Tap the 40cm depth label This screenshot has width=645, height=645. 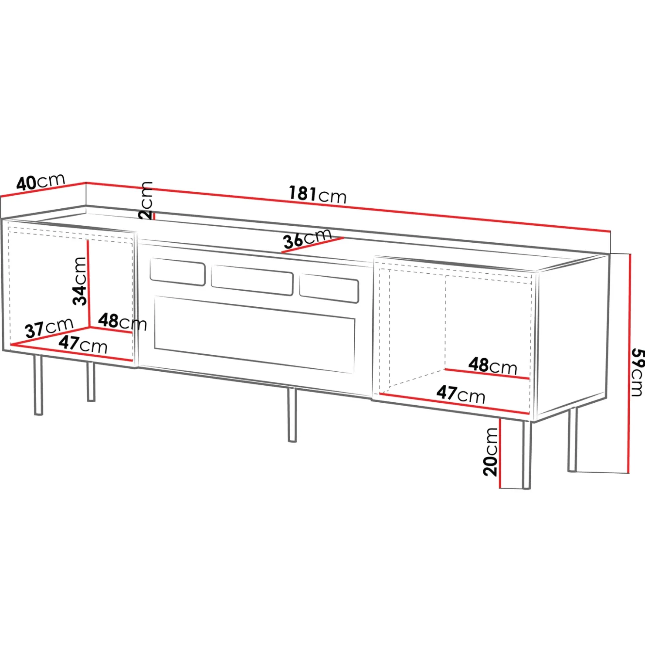[x=41, y=182]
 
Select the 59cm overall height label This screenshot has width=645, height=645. [x=637, y=372]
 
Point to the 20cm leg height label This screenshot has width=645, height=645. [x=490, y=451]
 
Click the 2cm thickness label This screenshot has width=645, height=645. [x=146, y=200]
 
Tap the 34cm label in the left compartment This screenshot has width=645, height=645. [x=79, y=281]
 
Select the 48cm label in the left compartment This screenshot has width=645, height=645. [x=122, y=322]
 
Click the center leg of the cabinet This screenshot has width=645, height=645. [x=292, y=414]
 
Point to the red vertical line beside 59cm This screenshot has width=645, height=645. [x=629, y=363]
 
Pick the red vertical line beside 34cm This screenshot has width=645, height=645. [x=88, y=283]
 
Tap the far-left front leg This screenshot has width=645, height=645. [x=38, y=384]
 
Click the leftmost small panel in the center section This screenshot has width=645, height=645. [x=177, y=272]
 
